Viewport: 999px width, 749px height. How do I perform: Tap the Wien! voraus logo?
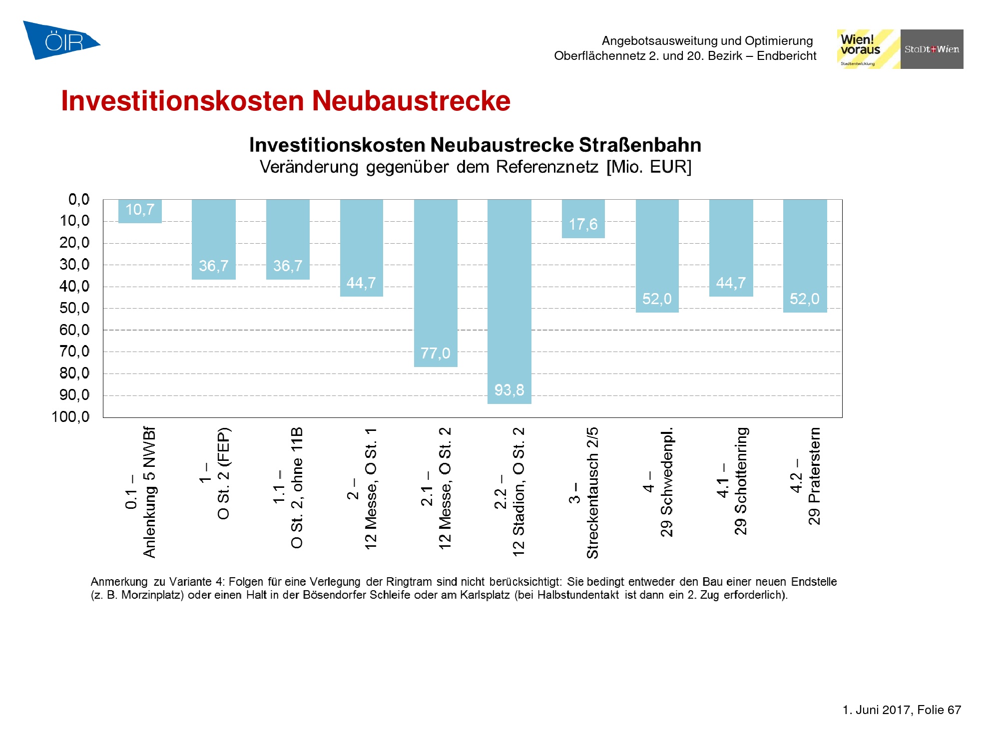point(868,49)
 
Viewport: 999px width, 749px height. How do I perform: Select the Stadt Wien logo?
point(932,49)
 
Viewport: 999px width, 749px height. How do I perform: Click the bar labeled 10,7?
point(140,211)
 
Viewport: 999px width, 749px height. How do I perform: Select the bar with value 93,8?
point(509,301)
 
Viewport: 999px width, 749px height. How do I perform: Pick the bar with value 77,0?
point(436,283)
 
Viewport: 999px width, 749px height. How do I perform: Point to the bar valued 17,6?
point(583,219)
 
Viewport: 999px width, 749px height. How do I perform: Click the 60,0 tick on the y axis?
point(74,330)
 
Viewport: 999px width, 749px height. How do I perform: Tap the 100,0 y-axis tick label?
point(70,417)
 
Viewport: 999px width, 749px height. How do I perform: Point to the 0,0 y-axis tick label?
point(79,200)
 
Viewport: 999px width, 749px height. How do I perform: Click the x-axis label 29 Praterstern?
point(814,476)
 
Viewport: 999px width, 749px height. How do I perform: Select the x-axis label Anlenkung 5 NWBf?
point(149,492)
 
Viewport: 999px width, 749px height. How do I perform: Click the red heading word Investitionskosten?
point(182,101)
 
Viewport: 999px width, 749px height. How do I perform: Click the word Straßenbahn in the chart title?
point(640,145)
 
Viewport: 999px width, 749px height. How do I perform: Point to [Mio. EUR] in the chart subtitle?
point(649,167)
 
